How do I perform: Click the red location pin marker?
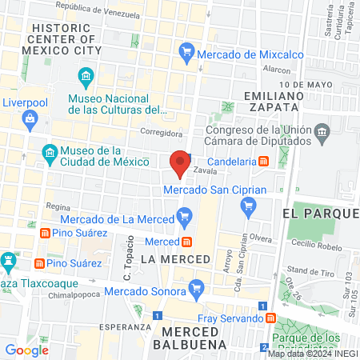click(180, 162)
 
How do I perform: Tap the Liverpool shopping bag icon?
click(30, 120)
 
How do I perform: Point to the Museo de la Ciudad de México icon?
click(50, 152)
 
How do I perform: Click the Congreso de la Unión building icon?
click(322, 131)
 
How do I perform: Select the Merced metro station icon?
click(186, 242)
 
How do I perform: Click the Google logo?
click(26, 350)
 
